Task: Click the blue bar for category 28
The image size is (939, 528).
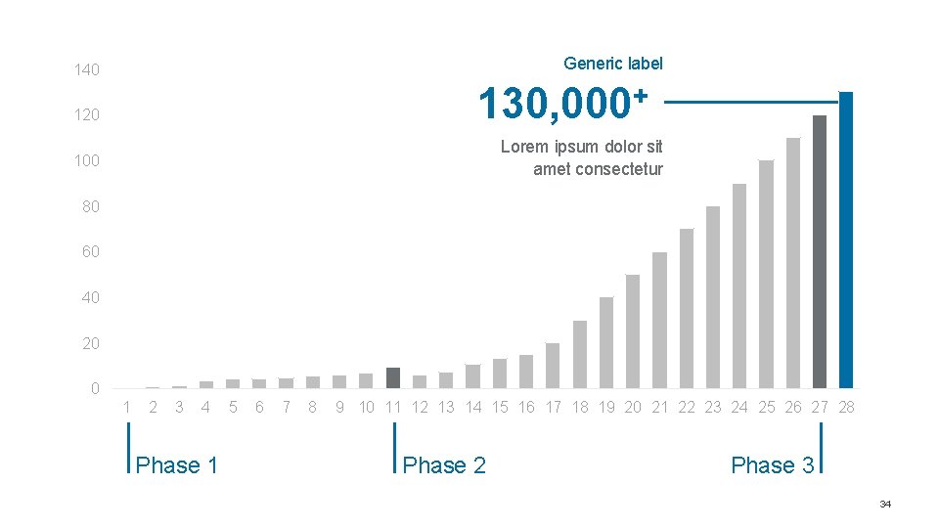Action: (x=845, y=241)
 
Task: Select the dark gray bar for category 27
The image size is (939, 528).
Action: (x=820, y=252)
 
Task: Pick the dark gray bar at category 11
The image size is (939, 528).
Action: (x=393, y=378)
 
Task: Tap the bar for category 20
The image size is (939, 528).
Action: (x=633, y=331)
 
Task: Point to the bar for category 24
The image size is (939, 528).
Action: (x=739, y=286)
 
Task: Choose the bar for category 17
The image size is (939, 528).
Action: (x=552, y=366)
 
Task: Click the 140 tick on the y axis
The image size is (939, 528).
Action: (x=87, y=70)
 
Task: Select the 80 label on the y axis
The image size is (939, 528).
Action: (x=90, y=206)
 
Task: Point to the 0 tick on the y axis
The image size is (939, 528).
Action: (x=95, y=389)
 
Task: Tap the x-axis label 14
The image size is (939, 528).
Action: (x=473, y=408)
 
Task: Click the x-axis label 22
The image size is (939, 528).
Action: (x=687, y=408)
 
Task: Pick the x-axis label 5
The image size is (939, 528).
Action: (x=233, y=408)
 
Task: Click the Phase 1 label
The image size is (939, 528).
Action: (x=176, y=465)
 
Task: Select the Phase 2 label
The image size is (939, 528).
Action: (x=444, y=465)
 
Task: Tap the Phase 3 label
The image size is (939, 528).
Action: (x=773, y=465)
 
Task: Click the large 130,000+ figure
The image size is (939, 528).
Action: (x=563, y=104)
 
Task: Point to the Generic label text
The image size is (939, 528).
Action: (x=613, y=64)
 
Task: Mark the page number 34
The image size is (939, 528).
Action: (x=885, y=505)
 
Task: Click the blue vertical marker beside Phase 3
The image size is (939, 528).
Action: (x=821, y=448)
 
